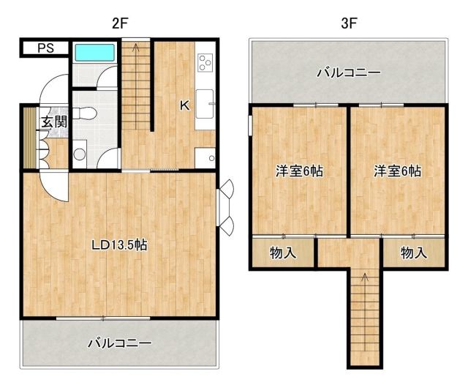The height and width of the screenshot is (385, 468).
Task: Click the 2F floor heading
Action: [120, 23]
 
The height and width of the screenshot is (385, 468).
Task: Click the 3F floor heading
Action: [349, 23]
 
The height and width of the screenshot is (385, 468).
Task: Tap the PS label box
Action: [45, 48]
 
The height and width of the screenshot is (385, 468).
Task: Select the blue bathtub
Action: [95, 53]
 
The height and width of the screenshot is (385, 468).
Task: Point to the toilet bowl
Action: [85, 113]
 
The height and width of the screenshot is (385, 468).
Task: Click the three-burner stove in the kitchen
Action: [205, 63]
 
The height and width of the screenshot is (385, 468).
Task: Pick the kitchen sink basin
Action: [205, 104]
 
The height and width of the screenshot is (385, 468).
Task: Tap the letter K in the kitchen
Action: [185, 105]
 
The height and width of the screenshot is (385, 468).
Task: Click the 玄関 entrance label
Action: [54, 122]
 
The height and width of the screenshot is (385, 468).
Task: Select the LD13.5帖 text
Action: [119, 245]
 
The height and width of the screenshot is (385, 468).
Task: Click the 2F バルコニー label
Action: [120, 343]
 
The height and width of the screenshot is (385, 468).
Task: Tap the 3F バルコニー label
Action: [349, 72]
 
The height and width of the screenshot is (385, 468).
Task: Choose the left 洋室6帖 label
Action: [299, 171]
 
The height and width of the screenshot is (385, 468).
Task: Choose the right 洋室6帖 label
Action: [398, 171]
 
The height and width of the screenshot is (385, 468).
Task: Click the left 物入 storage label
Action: [283, 253]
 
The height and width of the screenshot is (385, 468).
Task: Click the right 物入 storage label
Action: [414, 253]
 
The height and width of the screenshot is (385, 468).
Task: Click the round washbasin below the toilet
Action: [80, 154]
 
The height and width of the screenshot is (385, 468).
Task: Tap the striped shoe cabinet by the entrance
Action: [30, 138]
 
